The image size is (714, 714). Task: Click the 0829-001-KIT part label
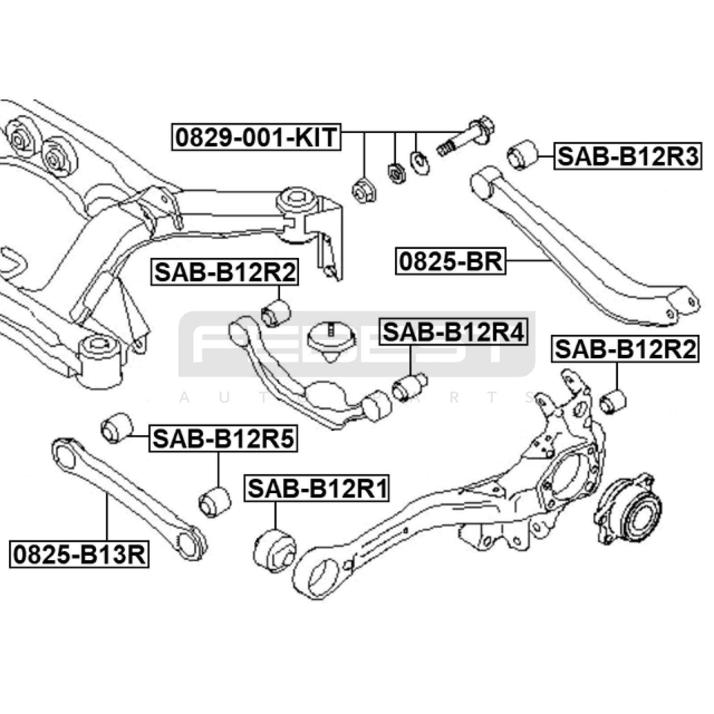(256, 137)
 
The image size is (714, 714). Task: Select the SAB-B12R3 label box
(627, 156)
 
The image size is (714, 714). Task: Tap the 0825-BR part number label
(451, 261)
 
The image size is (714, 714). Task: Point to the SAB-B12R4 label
(453, 332)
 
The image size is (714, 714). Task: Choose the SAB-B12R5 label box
(223, 439)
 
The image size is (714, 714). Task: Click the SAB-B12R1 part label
(317, 488)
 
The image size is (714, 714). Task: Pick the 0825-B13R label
(79, 555)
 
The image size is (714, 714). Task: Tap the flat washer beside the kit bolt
(419, 162)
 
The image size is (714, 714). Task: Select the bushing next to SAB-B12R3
(522, 155)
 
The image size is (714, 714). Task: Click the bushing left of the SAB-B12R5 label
(116, 428)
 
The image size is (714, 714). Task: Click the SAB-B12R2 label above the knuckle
(626, 349)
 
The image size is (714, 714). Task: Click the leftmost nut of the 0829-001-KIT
(364, 191)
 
